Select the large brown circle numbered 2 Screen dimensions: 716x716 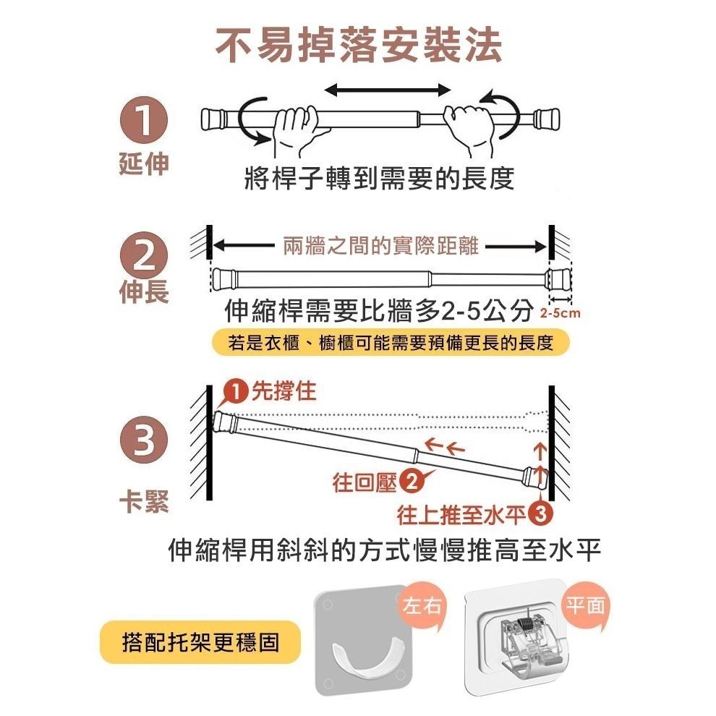tap(143, 257)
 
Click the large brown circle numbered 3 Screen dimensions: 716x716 tap(143, 438)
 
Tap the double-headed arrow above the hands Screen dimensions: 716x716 tap(387, 88)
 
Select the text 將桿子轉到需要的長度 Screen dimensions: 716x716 tap(380, 177)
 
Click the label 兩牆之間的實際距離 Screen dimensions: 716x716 tap(380, 246)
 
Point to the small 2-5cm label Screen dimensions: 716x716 tap(561, 314)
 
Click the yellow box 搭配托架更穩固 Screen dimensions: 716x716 tap(200, 642)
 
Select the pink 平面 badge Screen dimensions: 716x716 tap(587, 604)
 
